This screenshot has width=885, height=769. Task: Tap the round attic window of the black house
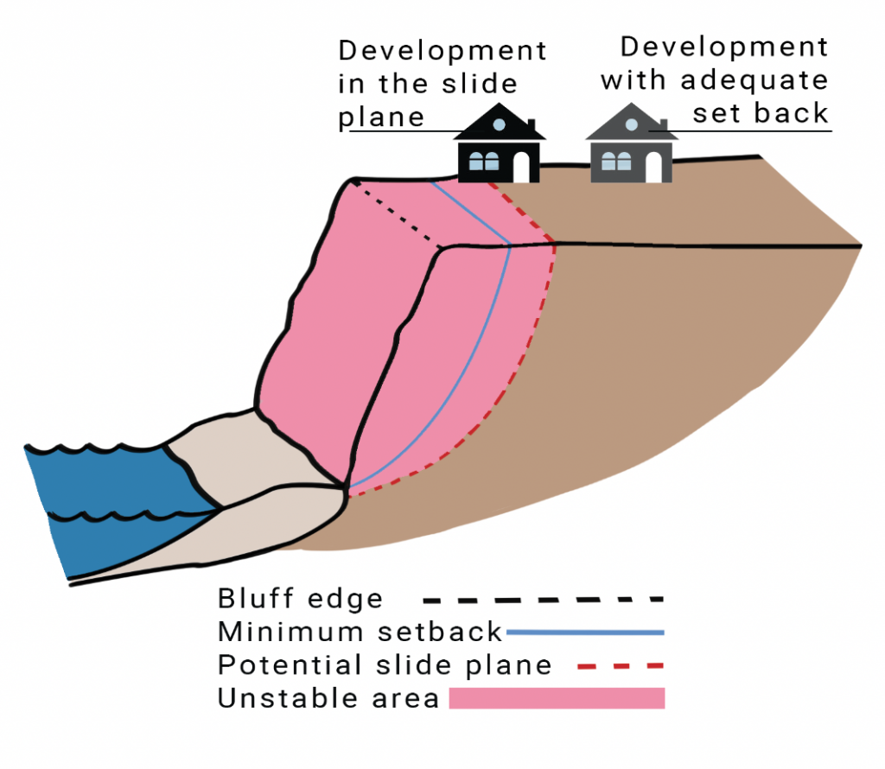(499, 124)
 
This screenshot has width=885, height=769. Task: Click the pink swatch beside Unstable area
(557, 698)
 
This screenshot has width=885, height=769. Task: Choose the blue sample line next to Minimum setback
(585, 632)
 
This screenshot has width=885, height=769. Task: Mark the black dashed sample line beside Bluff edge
(543, 599)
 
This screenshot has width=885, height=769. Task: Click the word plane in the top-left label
(381, 117)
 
